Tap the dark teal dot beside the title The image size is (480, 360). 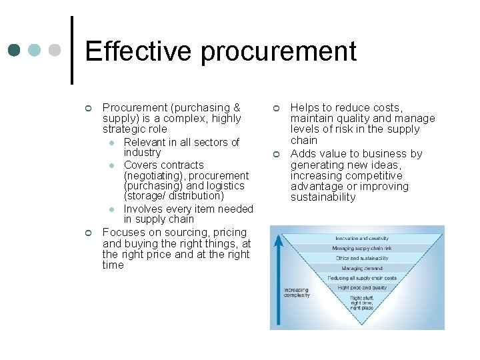[14, 51]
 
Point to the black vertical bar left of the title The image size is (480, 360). [72, 51]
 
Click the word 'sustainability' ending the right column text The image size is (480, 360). [323, 197]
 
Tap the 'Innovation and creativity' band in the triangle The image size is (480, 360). [362, 238]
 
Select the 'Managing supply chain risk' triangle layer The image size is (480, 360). [362, 248]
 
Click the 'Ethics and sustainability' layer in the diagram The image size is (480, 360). [362, 258]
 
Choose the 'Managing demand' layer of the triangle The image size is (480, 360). [362, 268]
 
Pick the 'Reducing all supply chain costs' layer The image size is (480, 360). [362, 278]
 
